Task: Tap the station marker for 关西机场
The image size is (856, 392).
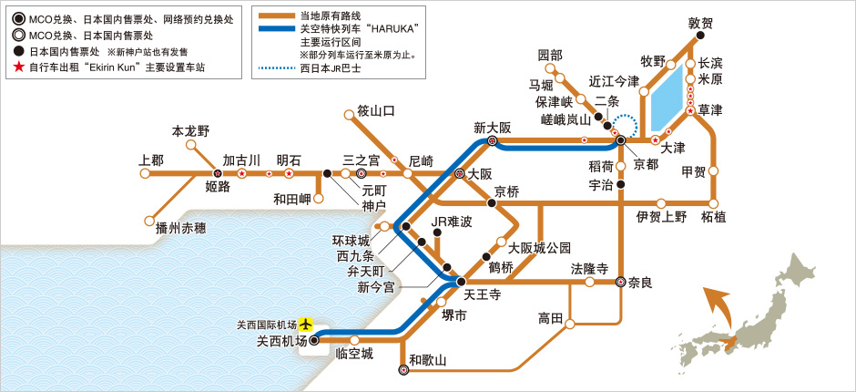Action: click(x=314, y=339)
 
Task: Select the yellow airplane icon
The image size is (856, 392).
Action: click(x=305, y=324)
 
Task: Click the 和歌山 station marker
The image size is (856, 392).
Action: click(x=403, y=370)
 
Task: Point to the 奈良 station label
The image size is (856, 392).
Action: click(x=641, y=283)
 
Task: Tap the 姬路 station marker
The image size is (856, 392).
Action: click(x=217, y=172)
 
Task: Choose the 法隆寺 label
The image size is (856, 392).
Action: click(x=589, y=269)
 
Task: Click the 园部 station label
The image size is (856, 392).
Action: click(x=551, y=55)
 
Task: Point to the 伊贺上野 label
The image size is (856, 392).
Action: click(x=661, y=217)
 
